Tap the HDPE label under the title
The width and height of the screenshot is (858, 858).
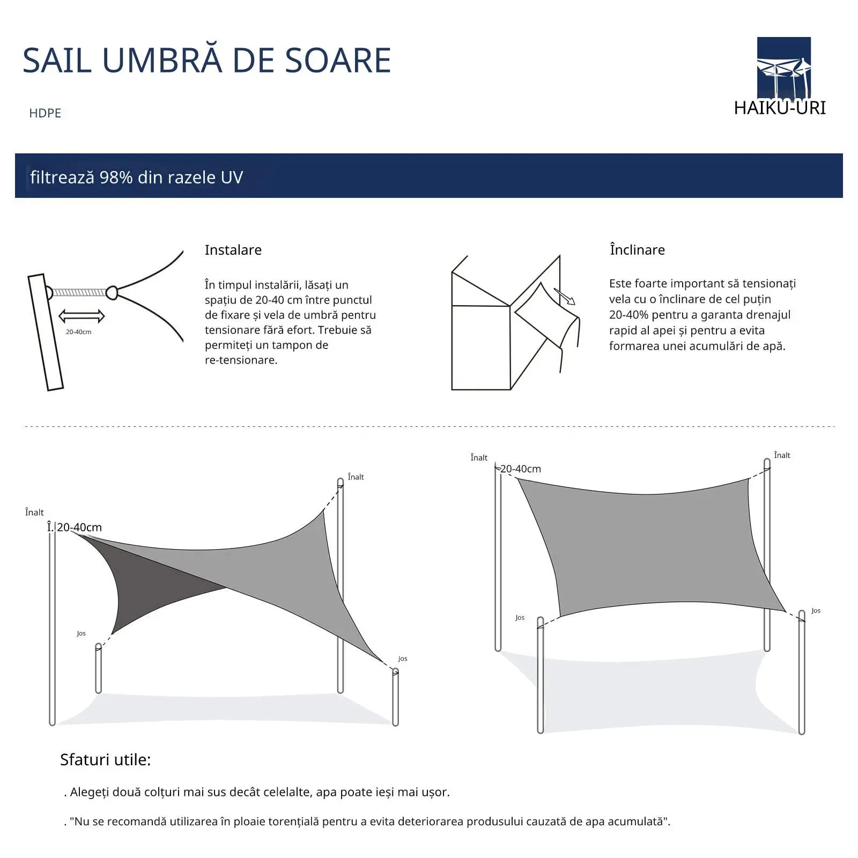pos(45,113)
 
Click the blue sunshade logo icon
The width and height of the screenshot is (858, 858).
pos(783,68)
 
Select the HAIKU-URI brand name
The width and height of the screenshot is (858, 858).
pos(780,108)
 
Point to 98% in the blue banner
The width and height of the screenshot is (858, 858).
pos(116,177)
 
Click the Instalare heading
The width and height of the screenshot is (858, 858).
pos(233,250)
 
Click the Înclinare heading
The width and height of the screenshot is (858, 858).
pos(637,249)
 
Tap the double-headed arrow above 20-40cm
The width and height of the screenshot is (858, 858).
pos(82,316)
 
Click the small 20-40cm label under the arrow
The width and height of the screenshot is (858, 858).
pos(78,332)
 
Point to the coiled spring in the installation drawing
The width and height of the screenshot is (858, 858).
pos(79,292)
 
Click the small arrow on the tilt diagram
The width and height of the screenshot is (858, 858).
pos(564,296)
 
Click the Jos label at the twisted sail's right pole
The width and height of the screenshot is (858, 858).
pos(403,659)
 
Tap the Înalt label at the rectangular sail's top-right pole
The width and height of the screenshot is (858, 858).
pos(782,455)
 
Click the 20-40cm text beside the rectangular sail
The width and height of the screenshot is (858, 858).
pos(521,469)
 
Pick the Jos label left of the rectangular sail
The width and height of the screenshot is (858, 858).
pos(520,617)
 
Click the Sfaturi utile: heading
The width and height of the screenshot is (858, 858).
pos(106,759)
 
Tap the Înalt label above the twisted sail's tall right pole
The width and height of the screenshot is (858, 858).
pos(356,477)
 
